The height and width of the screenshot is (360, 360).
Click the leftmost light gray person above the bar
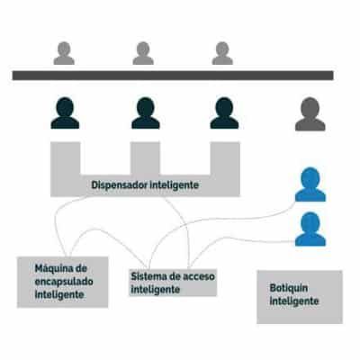click(64, 53)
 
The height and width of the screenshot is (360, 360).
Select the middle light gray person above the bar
click(143, 53)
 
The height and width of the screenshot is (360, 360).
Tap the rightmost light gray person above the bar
click(222, 53)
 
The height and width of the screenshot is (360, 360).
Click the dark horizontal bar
click(173, 76)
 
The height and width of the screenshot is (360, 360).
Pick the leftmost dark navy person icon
click(65, 113)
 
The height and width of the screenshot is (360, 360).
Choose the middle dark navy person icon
click(146, 113)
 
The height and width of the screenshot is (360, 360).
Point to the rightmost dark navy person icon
click(224, 113)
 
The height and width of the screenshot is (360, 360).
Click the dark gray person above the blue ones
click(310, 114)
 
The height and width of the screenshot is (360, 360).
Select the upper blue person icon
click(310, 184)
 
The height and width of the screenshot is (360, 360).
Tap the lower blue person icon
click(310, 229)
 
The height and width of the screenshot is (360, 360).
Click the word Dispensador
click(119, 185)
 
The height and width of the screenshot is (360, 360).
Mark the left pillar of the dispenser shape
click(66, 159)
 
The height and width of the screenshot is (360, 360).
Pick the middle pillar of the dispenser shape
click(145, 158)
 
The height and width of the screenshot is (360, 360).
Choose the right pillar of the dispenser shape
click(225, 159)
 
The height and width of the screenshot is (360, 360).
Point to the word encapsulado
click(64, 282)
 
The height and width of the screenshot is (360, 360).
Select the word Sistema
click(148, 276)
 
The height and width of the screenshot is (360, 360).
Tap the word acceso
click(199, 276)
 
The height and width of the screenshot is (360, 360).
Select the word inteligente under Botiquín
click(294, 301)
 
